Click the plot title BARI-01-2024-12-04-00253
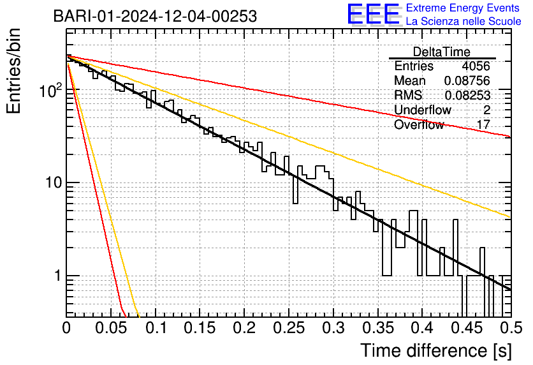[x=155, y=16]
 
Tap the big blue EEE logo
[x=373, y=15]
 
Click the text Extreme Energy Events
[x=463, y=8]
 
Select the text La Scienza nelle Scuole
[x=464, y=22]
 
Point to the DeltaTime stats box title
[x=442, y=52]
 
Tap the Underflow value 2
[x=486, y=110]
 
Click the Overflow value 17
[x=483, y=124]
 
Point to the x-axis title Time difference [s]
[x=435, y=350]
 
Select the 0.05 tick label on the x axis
[x=111, y=329]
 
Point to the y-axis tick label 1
[x=57, y=277]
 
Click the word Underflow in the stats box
[x=423, y=110]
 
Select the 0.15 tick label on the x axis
[x=200, y=329]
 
